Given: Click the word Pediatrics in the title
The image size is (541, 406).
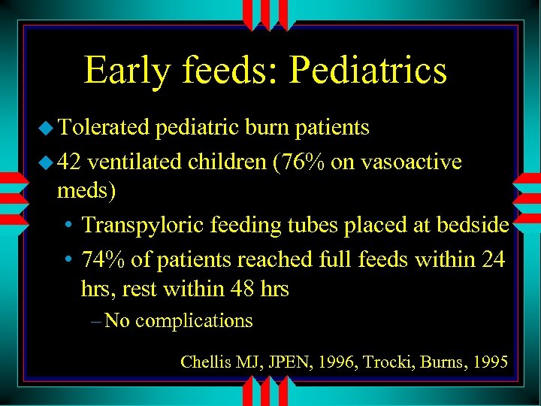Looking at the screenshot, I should [368, 70].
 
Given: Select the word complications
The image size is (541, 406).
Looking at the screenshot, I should [194, 320].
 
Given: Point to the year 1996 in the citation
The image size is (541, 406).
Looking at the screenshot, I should [337, 362].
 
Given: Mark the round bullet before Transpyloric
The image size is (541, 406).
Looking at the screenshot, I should [68, 226].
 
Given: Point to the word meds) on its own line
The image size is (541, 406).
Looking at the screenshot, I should [86, 190].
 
